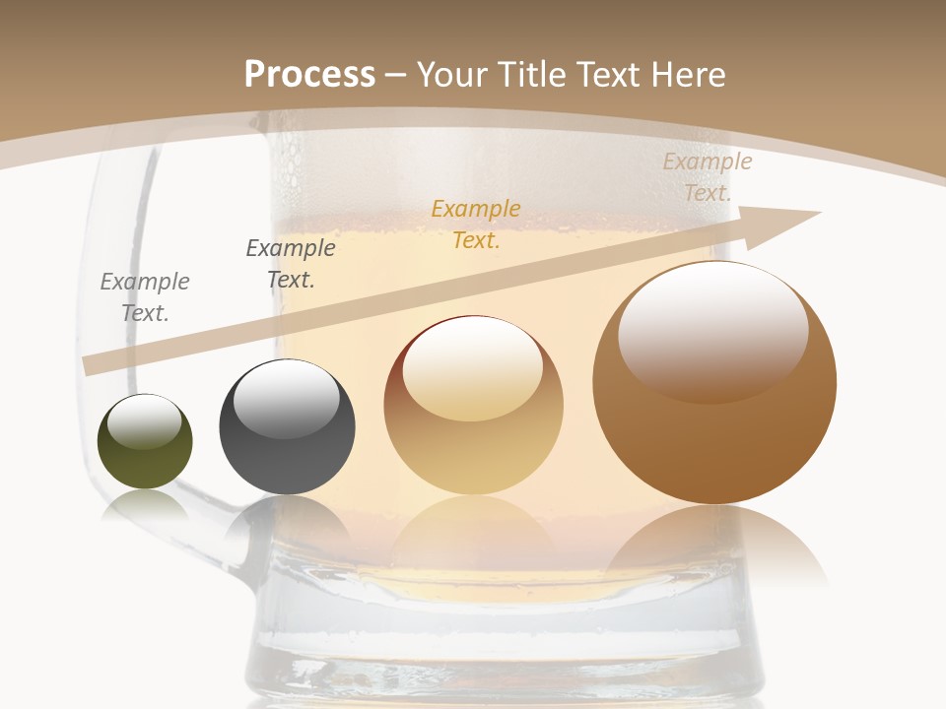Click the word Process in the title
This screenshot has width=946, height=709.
(x=309, y=75)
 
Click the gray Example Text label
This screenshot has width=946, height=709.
(x=145, y=297)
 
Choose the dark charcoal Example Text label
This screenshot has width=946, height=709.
(x=291, y=264)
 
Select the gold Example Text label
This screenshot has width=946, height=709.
(x=476, y=225)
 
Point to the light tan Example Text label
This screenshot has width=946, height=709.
(x=707, y=177)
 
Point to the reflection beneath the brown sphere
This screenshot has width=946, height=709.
(x=714, y=547)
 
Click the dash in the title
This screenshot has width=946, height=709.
(x=396, y=75)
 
